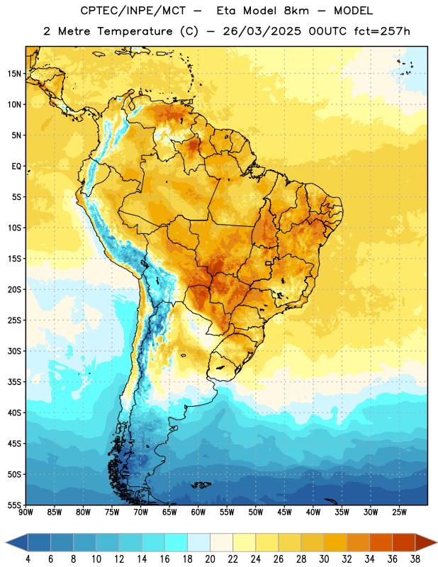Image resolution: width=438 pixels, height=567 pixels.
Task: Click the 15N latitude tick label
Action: coord(14,74)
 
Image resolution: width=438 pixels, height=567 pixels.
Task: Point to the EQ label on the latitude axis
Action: coord(16,166)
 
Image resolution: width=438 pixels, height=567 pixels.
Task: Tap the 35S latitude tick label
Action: coord(14,382)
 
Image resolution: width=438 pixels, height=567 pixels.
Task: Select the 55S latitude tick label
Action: coord(14,505)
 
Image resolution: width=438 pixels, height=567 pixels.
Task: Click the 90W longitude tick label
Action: coord(26,512)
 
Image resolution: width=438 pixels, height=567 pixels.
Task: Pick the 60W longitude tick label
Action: coord(198,512)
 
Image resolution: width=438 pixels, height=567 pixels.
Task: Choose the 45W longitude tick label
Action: coord(284,512)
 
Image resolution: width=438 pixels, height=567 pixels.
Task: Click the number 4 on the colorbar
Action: coord(28,559)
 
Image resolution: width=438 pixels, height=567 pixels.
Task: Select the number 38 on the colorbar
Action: coord(415,559)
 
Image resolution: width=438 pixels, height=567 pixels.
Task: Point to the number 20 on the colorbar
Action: coord(210,559)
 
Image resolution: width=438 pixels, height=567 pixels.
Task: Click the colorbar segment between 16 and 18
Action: coord(176,543)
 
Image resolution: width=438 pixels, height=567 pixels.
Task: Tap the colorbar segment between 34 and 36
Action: coord(381,543)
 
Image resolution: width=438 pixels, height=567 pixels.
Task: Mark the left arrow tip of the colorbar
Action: coord(6,543)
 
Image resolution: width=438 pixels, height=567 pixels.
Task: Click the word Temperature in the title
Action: coord(135,31)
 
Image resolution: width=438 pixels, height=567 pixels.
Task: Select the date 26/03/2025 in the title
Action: coord(262,31)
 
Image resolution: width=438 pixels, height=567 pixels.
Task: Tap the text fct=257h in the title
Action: coord(382,31)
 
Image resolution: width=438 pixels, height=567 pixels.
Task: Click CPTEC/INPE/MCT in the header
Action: coord(133,11)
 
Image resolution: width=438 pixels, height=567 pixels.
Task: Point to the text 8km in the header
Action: coord(296,11)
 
